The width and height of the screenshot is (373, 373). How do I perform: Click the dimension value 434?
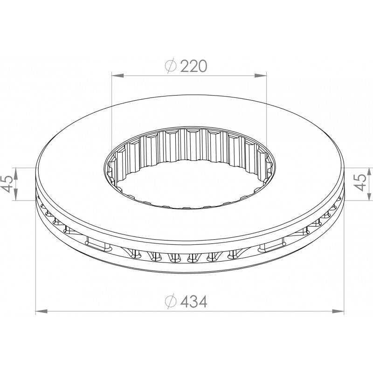pos(193,302)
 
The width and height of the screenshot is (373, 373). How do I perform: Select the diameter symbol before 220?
pos(171,66)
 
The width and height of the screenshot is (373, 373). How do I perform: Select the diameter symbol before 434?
pos(171,302)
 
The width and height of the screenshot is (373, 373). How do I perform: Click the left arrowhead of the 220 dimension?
pos(118,76)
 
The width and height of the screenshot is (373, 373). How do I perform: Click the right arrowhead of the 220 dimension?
pos(261,76)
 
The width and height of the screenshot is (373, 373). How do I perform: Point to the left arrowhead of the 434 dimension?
pos(41,311)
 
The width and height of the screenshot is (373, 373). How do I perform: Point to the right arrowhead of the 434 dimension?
pos(338,311)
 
